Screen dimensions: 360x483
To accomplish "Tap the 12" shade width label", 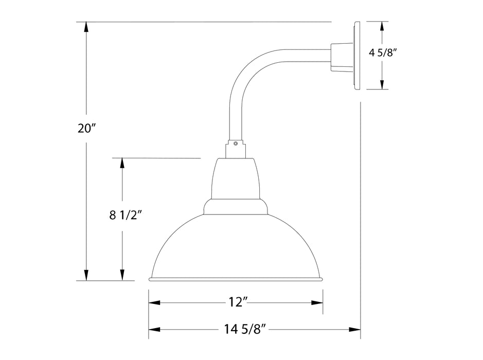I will click(236, 302).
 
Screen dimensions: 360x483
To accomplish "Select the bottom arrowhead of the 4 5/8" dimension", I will click(382, 83).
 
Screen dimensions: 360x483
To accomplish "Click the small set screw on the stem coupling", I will click(235, 144).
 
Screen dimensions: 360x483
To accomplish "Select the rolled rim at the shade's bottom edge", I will click(236, 279).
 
